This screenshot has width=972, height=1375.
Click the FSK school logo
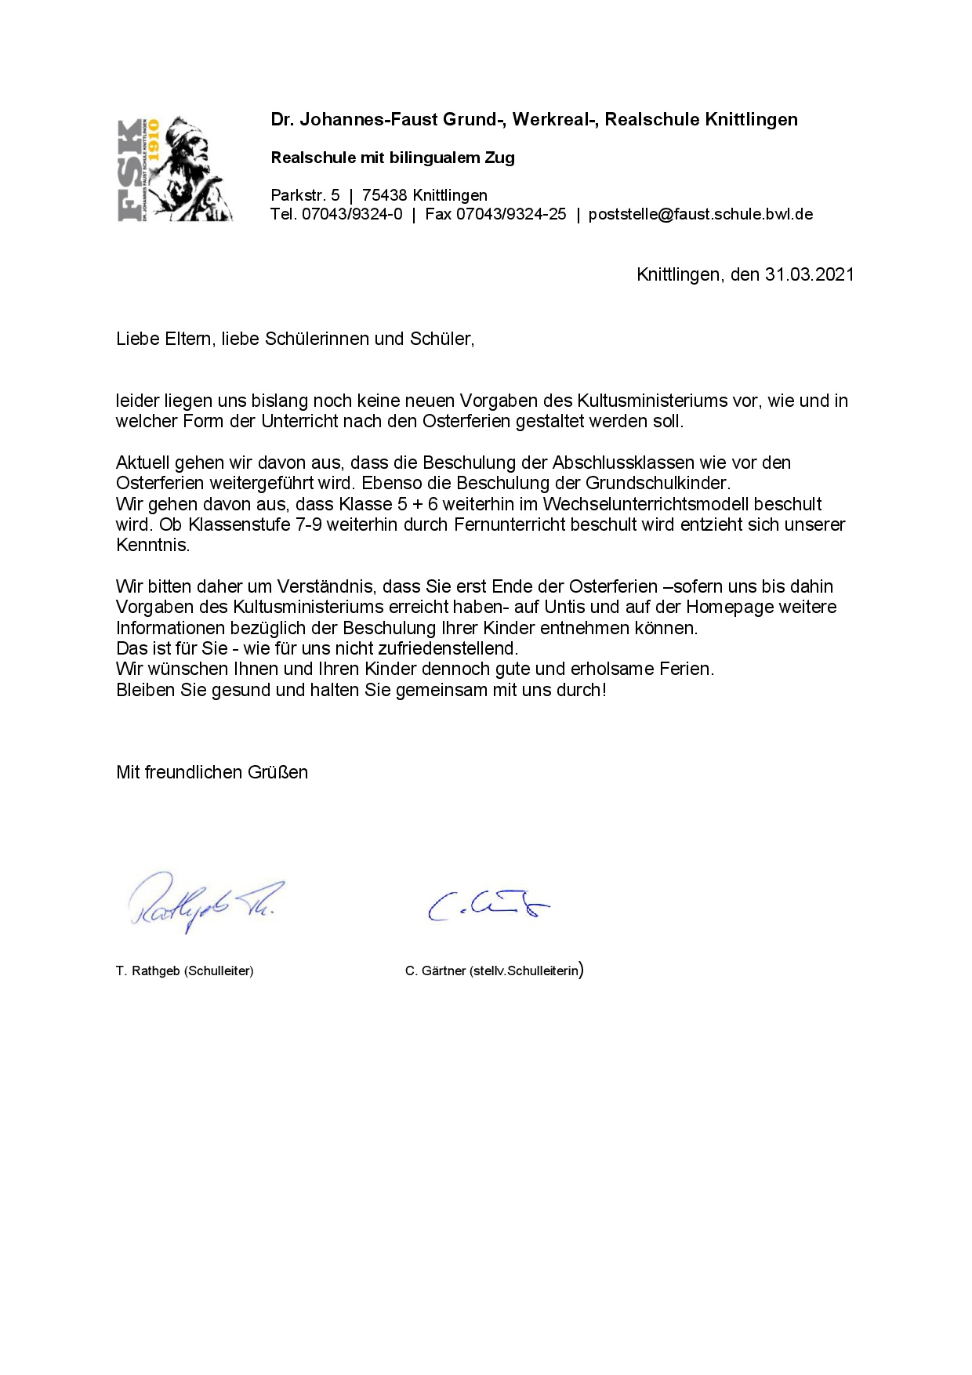[x=175, y=169]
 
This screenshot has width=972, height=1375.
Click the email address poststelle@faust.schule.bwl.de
[x=700, y=214]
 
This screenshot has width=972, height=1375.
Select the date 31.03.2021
[x=809, y=274]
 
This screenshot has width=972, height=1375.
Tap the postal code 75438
[x=384, y=195]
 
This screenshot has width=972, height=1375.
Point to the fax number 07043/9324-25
[x=511, y=214]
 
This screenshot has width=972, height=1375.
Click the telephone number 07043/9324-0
[x=352, y=214]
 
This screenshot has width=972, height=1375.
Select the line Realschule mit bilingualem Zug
[x=393, y=158]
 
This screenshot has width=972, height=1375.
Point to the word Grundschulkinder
[x=657, y=483]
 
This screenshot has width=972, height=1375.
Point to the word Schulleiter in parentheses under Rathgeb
[x=219, y=970]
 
